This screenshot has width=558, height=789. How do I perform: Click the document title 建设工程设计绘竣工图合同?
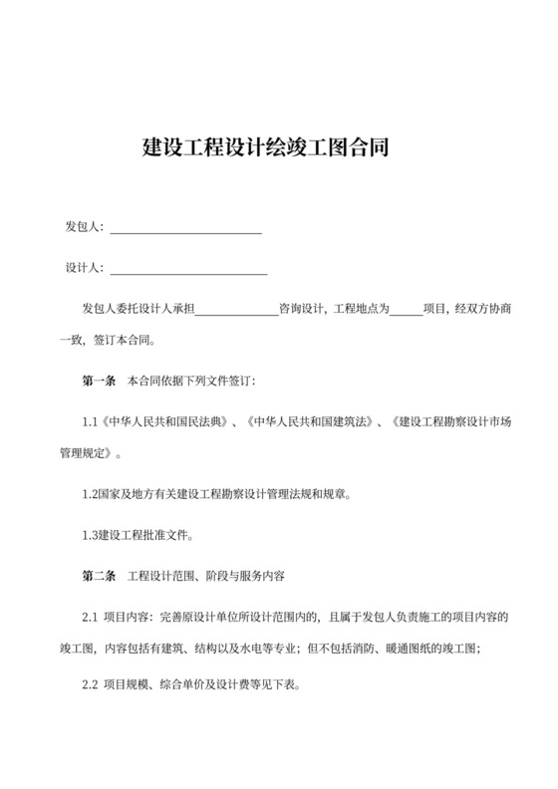click(x=278, y=149)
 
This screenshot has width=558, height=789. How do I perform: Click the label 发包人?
click(x=83, y=228)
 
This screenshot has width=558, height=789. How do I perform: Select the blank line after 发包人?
click(x=185, y=232)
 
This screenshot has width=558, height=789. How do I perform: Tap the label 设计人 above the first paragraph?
click(x=83, y=268)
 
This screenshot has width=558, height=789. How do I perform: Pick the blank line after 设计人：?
click(x=188, y=272)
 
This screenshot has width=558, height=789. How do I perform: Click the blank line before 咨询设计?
click(x=236, y=312)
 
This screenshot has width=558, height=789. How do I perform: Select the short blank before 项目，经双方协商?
click(x=405, y=312)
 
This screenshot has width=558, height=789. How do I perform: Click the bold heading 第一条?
click(x=99, y=381)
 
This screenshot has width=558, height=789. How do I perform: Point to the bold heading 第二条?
click(x=99, y=577)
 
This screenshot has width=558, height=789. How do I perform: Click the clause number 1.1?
click(x=90, y=421)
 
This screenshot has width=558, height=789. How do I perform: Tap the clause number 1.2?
click(x=90, y=493)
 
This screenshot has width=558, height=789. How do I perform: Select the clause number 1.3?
click(x=90, y=535)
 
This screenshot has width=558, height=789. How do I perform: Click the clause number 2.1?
click(x=90, y=618)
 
